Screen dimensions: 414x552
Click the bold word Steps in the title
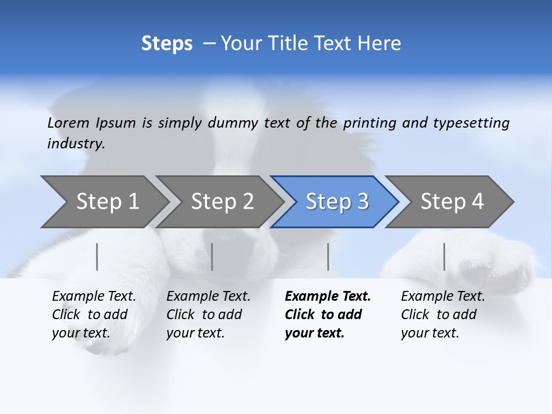pyautogui.click(x=167, y=44)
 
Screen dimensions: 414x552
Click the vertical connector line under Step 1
pyautogui.click(x=97, y=256)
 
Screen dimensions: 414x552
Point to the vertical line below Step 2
pyautogui.click(x=212, y=256)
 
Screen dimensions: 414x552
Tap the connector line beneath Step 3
pyautogui.click(x=328, y=256)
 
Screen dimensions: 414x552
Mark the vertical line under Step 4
pyautogui.click(x=444, y=256)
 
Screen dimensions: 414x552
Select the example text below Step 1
pyautogui.click(x=94, y=315)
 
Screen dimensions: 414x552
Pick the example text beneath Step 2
pyautogui.click(x=208, y=315)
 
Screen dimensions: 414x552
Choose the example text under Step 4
pyautogui.click(x=443, y=315)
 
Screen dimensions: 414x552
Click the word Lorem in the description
pyautogui.click(x=68, y=123)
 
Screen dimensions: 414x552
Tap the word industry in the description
pyautogui.click(x=76, y=144)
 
